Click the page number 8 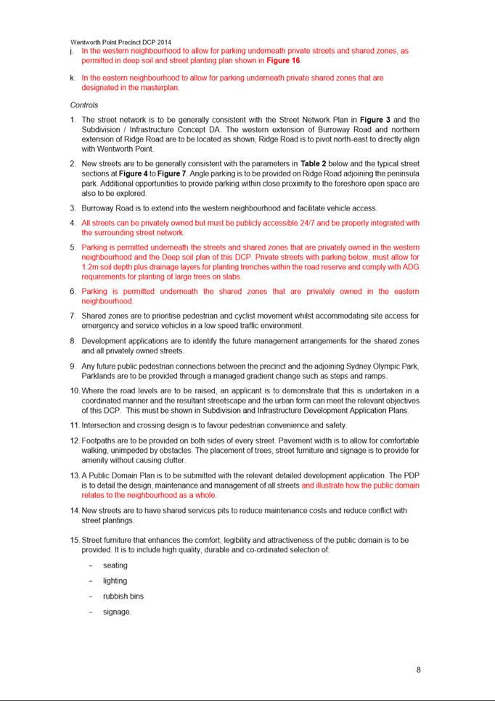point(418,670)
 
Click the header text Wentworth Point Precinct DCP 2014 point(120,43)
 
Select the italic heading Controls point(84,104)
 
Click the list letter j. point(72,52)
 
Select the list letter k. point(73,78)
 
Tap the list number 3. point(73,208)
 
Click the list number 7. point(73,316)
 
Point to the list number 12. point(75,440)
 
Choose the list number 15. point(75,540)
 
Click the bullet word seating point(115,565)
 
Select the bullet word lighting point(115,581)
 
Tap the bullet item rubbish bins point(123,596)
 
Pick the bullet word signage point(117,612)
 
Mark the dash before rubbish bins point(91,596)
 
